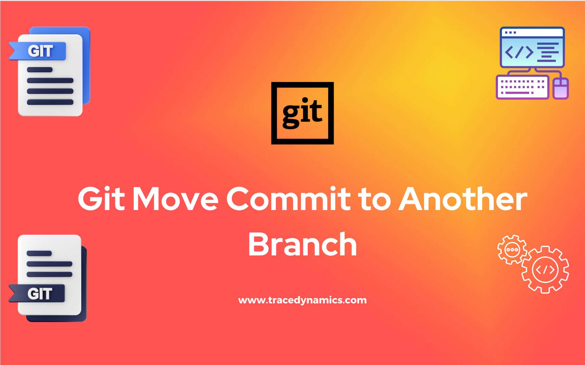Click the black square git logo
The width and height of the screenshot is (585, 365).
[302, 113]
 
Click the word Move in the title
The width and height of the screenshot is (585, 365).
[176, 199]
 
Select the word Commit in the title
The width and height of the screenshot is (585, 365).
[288, 199]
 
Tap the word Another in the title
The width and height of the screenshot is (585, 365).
[463, 199]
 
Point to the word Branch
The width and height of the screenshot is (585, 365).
[302, 244]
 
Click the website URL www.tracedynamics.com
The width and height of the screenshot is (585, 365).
[302, 300]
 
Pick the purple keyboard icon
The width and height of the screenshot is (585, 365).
[522, 87]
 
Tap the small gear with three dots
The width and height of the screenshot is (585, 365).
[512, 250]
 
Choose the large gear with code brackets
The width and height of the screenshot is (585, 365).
[545, 269]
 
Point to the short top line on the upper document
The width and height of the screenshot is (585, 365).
[40, 70]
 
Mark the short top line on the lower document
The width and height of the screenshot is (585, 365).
[39, 253]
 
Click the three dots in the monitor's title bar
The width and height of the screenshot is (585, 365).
[510, 32]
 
